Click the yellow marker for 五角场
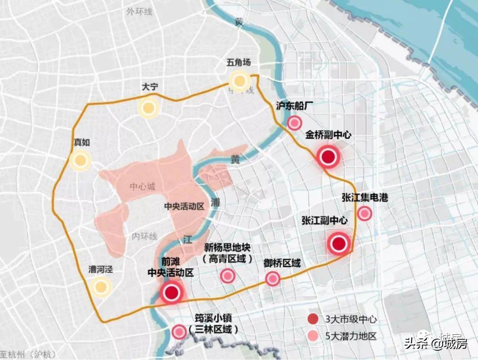pos(240,81)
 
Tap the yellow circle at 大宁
pos(148,108)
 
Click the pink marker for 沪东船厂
pos(294,123)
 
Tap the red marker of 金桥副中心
pos(328,157)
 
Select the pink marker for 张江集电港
pos(364,214)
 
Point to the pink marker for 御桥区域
pos(273,279)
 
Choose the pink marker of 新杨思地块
pos(227,276)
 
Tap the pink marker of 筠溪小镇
pos(179,331)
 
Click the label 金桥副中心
pos(328,135)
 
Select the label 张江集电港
pos(365,198)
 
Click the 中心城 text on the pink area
pos(143,187)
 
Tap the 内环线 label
pos(144,237)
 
